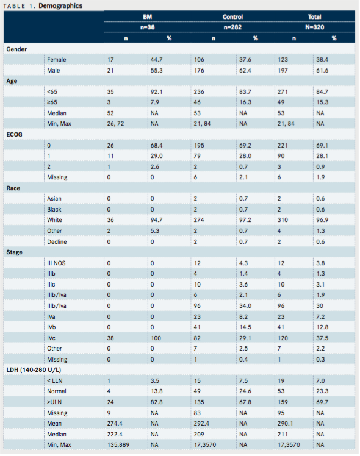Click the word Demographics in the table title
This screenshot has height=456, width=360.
click(60, 6)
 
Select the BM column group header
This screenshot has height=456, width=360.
click(147, 17)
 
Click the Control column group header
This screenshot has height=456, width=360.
click(232, 17)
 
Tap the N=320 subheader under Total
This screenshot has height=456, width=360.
click(315, 27)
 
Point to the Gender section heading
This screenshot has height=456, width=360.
click(16, 49)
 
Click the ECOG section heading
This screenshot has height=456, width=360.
click(14, 135)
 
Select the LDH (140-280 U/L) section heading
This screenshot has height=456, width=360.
click(34, 370)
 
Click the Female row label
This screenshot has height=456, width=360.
click(57, 60)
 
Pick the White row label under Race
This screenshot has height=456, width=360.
click(54, 220)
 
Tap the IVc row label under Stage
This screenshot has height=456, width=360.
click(51, 338)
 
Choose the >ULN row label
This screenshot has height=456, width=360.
click(54, 402)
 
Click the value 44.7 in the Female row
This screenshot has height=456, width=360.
click(157, 60)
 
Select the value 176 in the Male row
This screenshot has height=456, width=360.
click(199, 71)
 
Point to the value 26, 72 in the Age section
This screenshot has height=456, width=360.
click(115, 124)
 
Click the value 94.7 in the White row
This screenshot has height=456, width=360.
click(157, 220)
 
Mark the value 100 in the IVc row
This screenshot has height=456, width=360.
click(156, 338)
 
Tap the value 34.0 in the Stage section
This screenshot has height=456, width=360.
click(245, 306)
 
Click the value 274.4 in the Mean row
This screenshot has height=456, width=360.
click(115, 424)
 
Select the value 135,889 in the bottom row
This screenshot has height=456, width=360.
click(118, 445)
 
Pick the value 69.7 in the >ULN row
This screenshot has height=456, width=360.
click(322, 402)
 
